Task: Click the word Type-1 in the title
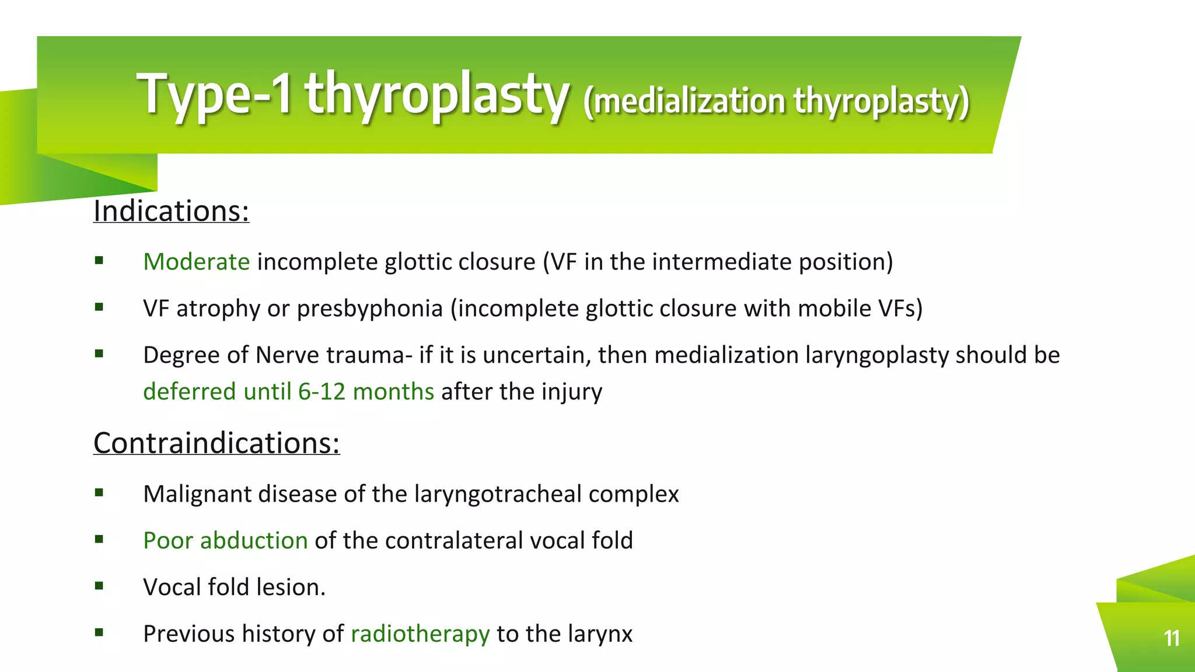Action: [214, 93]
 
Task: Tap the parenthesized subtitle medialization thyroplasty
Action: [776, 101]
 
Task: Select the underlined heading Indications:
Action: [171, 211]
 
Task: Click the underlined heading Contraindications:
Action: [216, 443]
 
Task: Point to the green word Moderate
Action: [197, 262]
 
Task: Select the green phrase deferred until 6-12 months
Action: [288, 391]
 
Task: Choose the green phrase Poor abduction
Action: [225, 541]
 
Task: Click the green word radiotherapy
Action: [420, 634]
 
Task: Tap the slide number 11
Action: [1171, 638]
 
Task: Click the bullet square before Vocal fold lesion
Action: [99, 586]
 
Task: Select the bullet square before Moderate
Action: [99, 260]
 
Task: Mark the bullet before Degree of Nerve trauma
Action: [99, 353]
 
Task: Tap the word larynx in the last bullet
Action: [605, 634]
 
